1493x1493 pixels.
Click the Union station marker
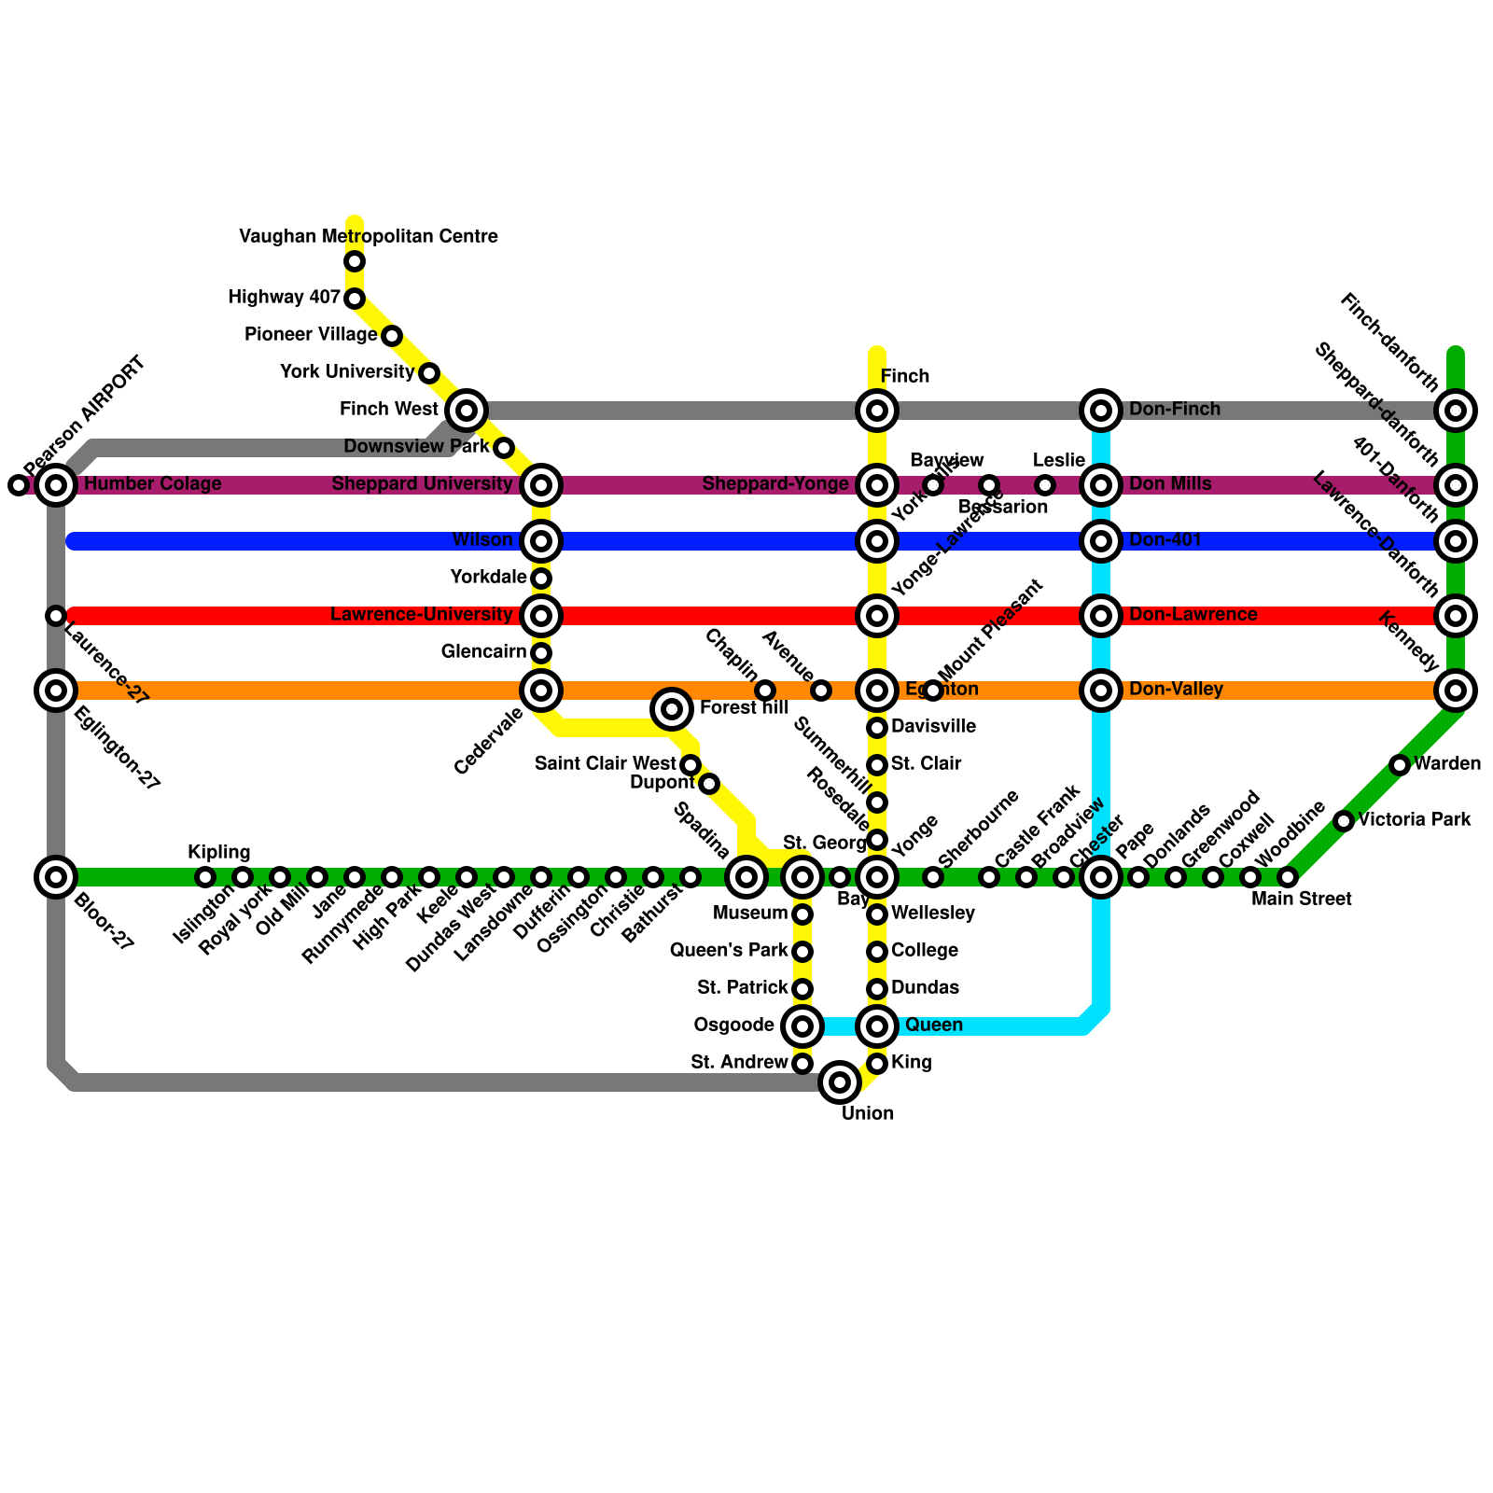840,1082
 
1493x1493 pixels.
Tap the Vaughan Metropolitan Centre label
369,237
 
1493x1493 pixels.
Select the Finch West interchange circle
467,410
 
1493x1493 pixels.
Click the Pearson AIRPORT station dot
18,485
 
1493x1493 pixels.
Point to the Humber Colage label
153,484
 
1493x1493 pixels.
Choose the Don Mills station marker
1101,485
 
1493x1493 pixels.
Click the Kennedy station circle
1456,691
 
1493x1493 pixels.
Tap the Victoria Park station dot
1344,821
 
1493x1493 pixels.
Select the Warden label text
1447,764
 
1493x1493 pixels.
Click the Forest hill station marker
672,709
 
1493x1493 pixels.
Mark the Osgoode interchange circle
802,1026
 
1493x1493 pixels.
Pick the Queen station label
934,1026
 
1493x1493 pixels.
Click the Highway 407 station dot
355,299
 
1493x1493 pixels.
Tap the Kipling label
219,852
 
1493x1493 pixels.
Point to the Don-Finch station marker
1101,410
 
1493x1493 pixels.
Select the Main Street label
1302,900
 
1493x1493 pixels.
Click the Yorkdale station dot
541,579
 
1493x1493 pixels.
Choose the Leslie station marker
1045,485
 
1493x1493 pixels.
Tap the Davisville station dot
877,728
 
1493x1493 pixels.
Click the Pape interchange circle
1101,877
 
